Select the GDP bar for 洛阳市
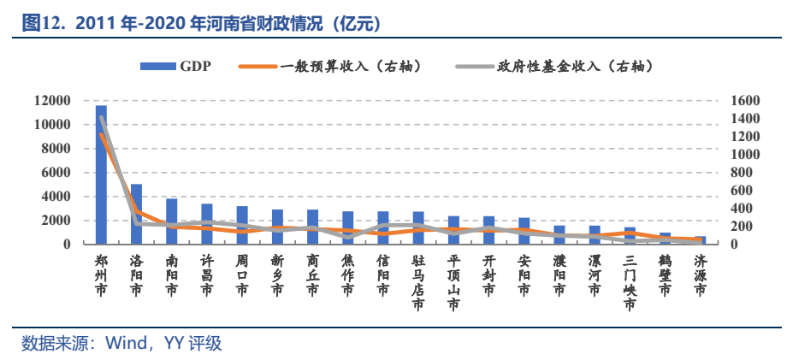pyautogui.click(x=136, y=214)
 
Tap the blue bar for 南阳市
pyautogui.click(x=171, y=221)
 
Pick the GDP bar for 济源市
pyautogui.click(x=700, y=240)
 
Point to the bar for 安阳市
pyautogui.click(x=524, y=231)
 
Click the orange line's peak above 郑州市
pyautogui.click(x=102, y=133)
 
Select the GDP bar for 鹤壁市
pyautogui.click(x=665, y=239)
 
